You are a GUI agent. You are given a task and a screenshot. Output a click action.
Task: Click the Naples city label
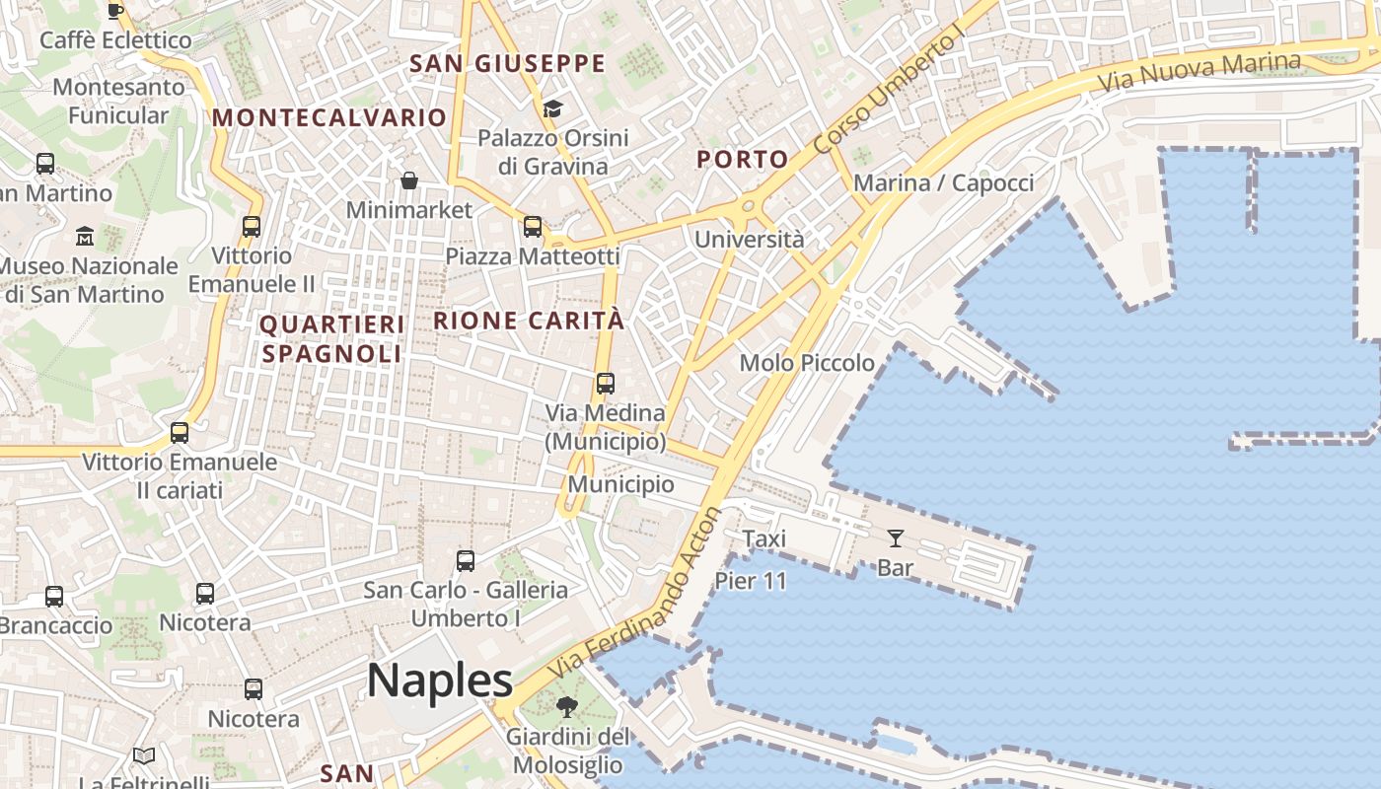pos(440,681)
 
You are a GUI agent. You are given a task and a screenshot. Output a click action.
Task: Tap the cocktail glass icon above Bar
pos(895,538)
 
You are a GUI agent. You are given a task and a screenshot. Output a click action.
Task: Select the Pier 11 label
pos(751,581)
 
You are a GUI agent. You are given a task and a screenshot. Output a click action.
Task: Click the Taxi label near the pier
pos(764,538)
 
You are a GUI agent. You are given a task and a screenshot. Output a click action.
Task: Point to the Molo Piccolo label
pos(807,363)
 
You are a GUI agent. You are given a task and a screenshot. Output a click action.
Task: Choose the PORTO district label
pos(743,159)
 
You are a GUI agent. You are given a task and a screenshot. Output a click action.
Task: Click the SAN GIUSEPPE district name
pos(507,64)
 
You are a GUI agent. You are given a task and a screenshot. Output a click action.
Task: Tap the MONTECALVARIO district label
pos(329,117)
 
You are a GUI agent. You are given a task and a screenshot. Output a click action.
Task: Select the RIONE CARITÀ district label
pos(529,321)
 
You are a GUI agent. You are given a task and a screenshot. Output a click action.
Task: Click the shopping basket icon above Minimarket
pos(408,180)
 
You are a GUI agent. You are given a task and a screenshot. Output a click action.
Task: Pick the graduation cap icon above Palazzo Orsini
pos(552,108)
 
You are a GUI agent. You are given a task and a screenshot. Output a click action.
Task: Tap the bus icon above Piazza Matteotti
pos(533,227)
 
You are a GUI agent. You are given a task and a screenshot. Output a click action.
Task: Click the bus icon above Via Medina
pos(606,384)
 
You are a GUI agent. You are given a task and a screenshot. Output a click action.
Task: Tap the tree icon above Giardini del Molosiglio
pos(566,706)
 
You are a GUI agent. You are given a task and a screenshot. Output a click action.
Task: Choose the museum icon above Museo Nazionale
pos(85,237)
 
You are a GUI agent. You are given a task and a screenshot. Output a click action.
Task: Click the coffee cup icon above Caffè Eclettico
pos(115,11)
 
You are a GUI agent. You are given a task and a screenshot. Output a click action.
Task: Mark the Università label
pos(749,239)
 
